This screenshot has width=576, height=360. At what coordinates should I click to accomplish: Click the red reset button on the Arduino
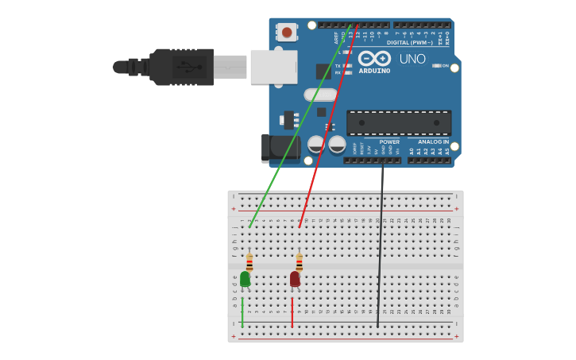pos(287,33)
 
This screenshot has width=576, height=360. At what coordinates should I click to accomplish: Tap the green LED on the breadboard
pos(245,279)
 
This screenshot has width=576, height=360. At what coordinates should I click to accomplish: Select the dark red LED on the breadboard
pos(295,279)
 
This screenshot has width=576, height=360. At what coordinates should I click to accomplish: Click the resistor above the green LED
pos(249,262)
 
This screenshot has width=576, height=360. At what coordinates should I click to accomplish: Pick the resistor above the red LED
pos(300,262)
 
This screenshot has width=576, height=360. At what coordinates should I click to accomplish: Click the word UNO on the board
pos(412,59)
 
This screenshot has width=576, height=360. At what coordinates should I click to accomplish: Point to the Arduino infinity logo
pos(374,58)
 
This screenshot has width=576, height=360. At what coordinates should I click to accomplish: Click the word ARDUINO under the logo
pos(374,71)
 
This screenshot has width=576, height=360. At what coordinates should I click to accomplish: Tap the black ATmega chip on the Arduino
pos(399,122)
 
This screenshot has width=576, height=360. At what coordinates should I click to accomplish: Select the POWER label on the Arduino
pos(389,142)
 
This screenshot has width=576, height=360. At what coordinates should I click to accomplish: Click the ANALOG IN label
pos(433,142)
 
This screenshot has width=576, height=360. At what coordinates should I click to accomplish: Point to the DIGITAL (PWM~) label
pos(409,42)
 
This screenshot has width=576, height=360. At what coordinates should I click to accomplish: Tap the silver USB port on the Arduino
pos(273,67)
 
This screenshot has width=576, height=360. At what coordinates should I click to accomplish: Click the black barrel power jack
pos(278,148)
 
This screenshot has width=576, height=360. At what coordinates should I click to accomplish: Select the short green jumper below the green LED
pos(242,312)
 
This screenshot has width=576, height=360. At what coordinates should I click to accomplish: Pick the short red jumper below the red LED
pos(292,312)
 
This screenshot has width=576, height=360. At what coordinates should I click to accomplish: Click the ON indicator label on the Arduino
pos(445,65)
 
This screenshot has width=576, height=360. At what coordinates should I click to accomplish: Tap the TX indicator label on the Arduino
pos(338,66)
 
